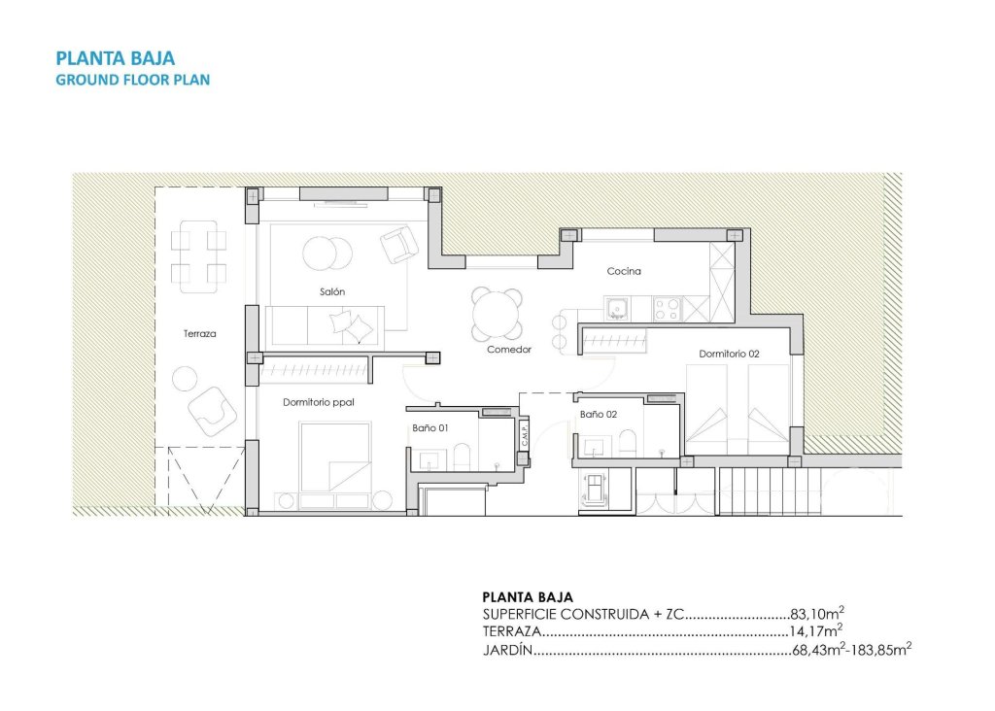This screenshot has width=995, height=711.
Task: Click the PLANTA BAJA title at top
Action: coord(116,58)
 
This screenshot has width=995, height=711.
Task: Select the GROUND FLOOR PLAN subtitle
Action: coord(133,80)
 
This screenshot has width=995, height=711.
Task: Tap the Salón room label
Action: coord(331,291)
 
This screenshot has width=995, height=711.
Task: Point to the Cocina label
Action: coord(624,271)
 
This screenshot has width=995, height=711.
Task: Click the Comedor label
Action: coord(509,350)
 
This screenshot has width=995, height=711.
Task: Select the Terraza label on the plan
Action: coord(199,334)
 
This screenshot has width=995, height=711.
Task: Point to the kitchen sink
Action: coord(616,310)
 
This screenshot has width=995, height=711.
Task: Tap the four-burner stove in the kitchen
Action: coord(667,309)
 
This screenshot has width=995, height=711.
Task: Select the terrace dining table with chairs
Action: coord(199,255)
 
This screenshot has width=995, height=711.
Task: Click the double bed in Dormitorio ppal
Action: coord(335,457)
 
